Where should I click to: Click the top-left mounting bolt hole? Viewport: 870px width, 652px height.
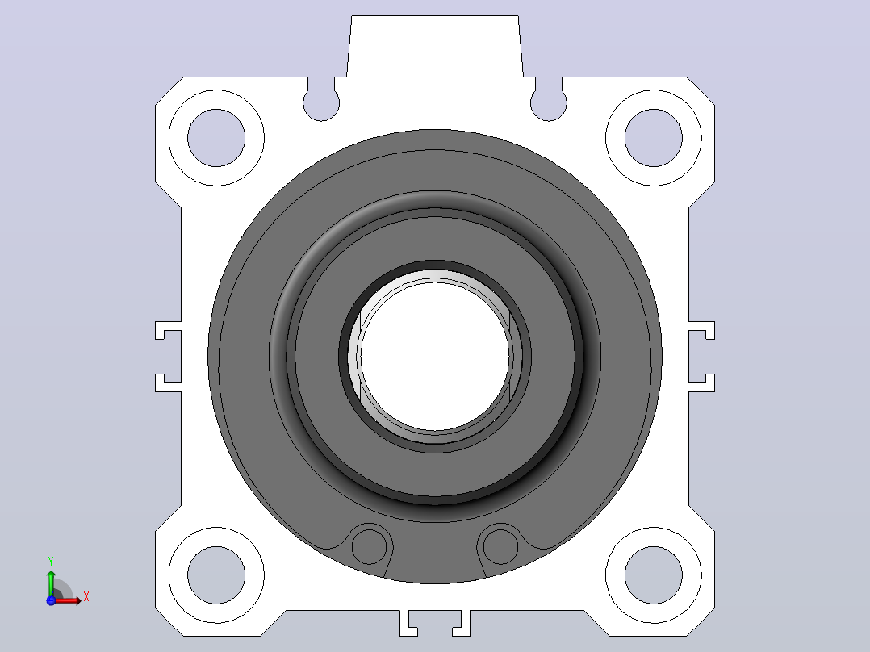click(216, 138)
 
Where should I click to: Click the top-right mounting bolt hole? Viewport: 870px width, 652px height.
click(654, 138)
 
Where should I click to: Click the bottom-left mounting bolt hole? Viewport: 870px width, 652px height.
click(216, 575)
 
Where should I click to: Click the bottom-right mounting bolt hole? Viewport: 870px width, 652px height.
click(654, 575)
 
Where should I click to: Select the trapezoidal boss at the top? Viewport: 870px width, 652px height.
click(435, 47)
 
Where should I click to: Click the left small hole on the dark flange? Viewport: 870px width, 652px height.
click(369, 546)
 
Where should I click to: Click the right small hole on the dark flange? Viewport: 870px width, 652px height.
click(500, 546)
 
